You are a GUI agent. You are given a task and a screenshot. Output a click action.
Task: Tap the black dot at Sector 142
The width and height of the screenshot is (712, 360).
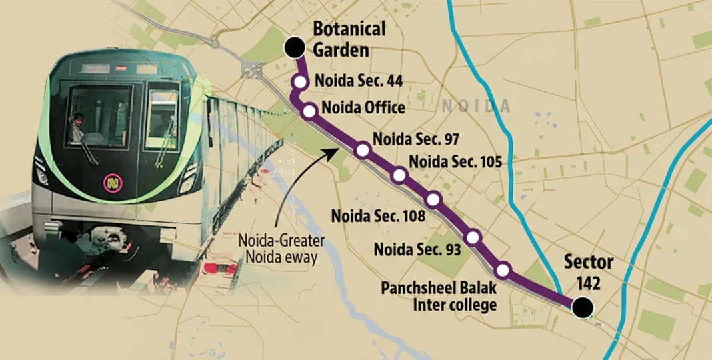point(583,307)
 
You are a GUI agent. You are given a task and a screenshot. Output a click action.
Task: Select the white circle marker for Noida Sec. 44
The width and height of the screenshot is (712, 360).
point(300,81)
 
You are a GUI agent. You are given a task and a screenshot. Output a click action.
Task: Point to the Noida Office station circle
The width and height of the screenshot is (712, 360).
point(309,111)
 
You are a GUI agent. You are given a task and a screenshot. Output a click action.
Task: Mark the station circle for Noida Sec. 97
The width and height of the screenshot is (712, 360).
point(363,150)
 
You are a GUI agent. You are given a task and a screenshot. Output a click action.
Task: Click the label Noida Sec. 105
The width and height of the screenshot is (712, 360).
point(455,161)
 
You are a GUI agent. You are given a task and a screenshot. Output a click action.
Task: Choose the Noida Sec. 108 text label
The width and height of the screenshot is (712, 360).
point(378,216)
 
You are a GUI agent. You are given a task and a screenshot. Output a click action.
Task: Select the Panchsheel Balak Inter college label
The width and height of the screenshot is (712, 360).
point(439,297)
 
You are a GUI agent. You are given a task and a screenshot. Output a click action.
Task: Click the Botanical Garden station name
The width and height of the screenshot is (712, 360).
point(349,39)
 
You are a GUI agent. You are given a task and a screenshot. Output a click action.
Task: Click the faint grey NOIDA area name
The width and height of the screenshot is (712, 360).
point(476,106)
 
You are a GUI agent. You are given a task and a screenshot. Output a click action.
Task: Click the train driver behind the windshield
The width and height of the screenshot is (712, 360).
point(78,126)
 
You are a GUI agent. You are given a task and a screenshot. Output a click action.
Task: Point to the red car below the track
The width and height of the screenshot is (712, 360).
point(220,269)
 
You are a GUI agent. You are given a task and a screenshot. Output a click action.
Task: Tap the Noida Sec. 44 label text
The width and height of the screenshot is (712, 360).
point(358,80)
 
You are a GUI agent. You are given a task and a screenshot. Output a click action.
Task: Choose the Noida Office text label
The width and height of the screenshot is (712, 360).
point(363,107)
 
